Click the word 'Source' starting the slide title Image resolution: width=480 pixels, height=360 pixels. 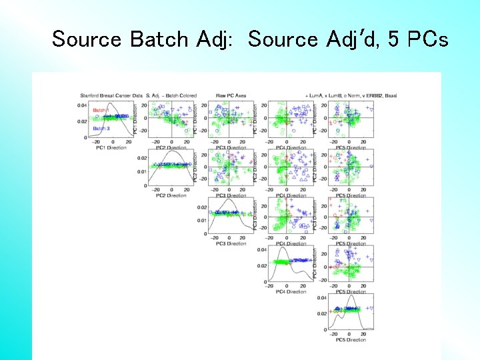[87, 39]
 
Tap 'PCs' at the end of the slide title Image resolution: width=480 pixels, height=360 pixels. [426, 39]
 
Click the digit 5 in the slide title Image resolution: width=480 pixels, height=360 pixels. [393, 39]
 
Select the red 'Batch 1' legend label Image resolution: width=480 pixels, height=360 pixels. [101, 110]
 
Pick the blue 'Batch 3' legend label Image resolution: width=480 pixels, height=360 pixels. [101, 128]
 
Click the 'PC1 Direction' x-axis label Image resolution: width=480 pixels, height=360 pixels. [111, 147]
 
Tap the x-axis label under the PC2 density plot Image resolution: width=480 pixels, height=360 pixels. [171, 195]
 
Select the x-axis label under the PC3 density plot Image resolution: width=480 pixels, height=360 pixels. [231, 243]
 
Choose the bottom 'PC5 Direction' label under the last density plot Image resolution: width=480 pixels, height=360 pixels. [350, 340]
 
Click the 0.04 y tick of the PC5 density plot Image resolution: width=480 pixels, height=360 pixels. [322, 298]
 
